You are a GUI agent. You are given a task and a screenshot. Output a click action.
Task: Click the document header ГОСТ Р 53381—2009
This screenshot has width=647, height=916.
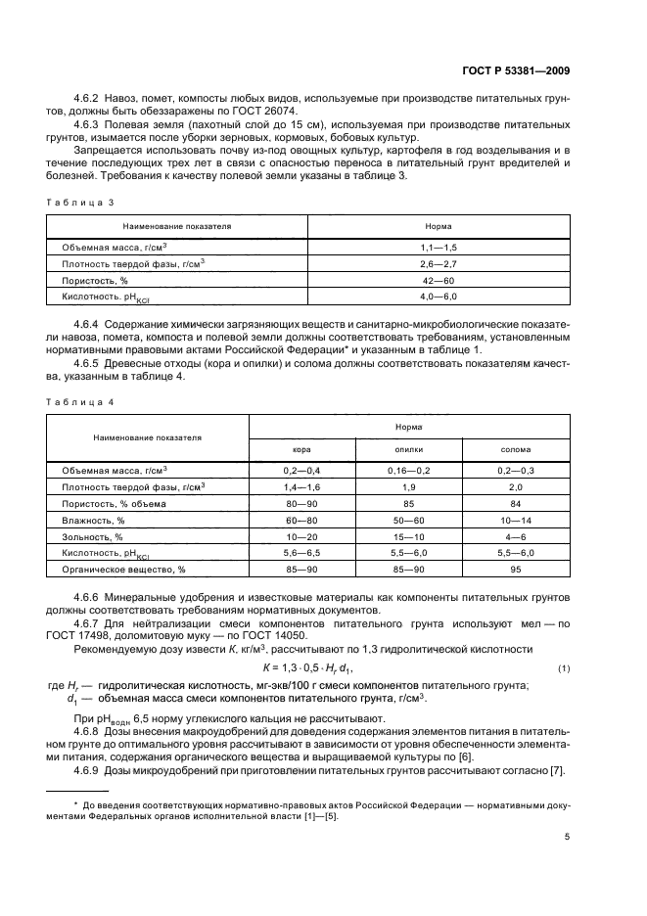pos(516,69)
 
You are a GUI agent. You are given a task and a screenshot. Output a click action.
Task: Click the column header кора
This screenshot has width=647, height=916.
pos(301,450)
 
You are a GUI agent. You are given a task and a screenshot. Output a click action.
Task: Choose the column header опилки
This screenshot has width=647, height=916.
pos(409,450)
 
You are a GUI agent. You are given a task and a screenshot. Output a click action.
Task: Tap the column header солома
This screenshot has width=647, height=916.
pos(516,450)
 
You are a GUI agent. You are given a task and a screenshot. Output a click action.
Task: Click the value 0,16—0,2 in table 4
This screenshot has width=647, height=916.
pos(409,471)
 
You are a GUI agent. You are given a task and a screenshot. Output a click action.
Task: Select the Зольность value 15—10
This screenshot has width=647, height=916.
pos(409,537)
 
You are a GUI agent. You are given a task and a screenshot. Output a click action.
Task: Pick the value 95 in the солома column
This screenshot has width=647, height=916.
pos(516,569)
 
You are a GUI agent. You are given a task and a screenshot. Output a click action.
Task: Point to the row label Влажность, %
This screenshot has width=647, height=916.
pos(93,521)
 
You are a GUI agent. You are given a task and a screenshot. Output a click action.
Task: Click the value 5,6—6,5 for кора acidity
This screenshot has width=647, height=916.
pos(301,553)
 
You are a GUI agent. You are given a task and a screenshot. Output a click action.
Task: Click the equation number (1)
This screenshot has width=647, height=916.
pos(563,668)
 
